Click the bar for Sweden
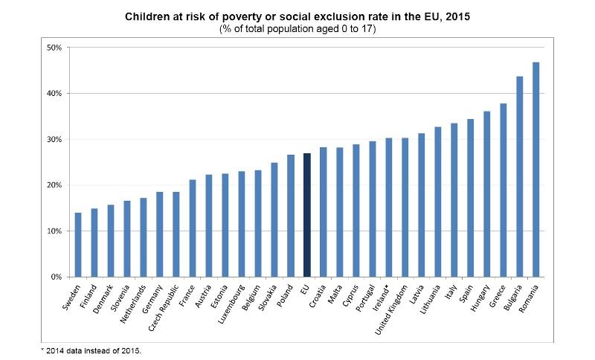tap(77, 245)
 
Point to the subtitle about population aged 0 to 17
tap(297, 28)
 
